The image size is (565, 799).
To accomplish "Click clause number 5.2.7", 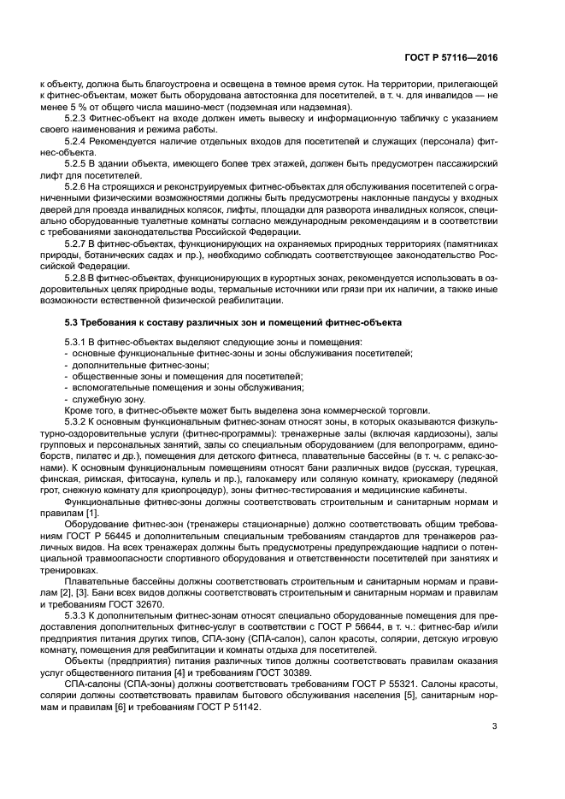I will (x=79, y=243).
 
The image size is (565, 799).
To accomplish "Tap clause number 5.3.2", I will (x=79, y=421).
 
